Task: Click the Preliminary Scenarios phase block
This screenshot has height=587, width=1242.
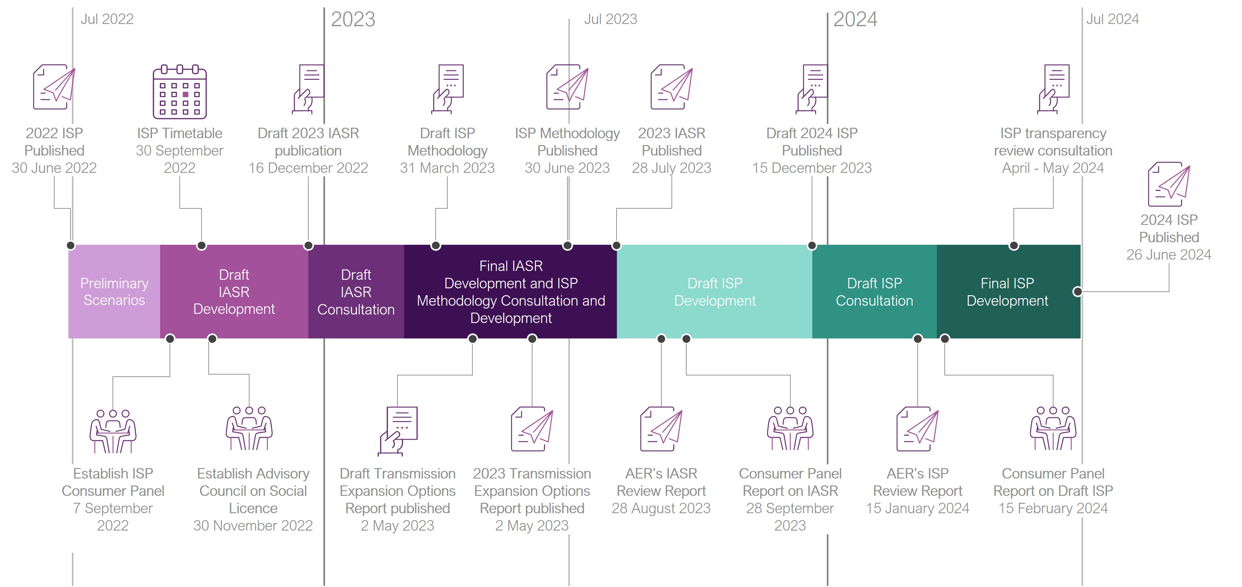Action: point(114,291)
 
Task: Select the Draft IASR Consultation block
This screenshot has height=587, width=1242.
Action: point(356,291)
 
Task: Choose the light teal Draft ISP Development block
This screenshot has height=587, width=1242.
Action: point(715,291)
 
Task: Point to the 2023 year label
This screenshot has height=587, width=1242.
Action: point(353,19)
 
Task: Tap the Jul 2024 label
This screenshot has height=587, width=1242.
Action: point(1112,19)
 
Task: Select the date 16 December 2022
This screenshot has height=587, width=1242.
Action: point(308,168)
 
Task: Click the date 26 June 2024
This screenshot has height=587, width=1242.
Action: point(1169,255)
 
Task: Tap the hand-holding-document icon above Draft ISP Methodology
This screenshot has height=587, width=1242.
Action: point(448,89)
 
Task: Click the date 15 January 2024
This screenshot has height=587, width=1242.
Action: point(918,508)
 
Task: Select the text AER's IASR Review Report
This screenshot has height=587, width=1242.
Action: point(661,482)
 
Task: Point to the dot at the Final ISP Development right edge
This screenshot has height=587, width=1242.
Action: point(1077,291)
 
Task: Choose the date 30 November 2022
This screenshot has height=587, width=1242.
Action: point(253,526)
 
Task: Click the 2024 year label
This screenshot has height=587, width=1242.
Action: point(855,19)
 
